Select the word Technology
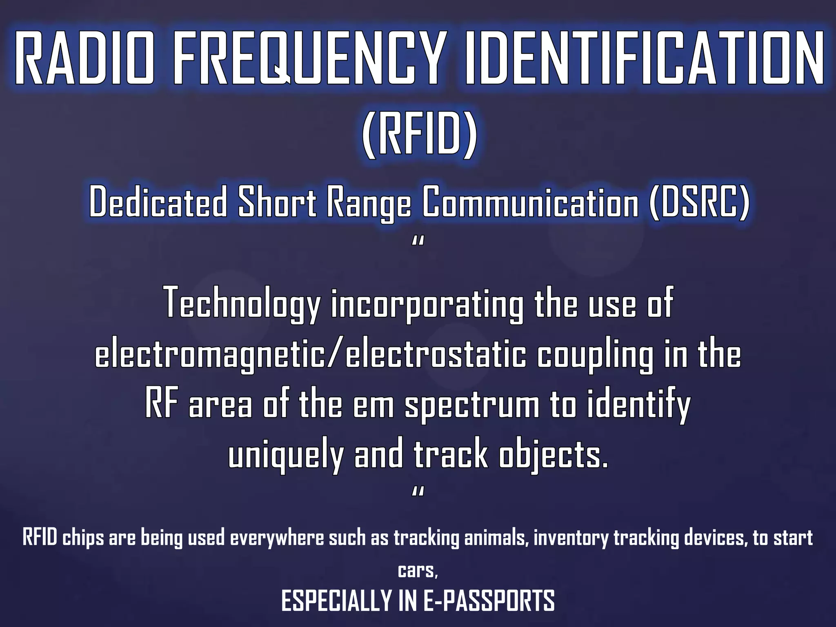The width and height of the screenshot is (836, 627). pos(242,304)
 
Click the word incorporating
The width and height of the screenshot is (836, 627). pos(427,304)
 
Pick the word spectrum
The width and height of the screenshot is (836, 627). pos(472,406)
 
